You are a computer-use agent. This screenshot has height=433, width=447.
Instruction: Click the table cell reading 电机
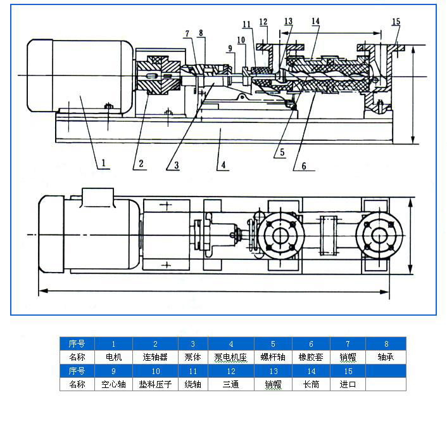pos(113,357)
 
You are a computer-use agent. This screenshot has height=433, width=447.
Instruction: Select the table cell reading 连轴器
pos(156,357)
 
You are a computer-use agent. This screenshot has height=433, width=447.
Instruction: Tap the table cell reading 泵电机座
pos(231,357)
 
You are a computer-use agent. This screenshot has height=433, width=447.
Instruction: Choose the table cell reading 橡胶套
pos(310,357)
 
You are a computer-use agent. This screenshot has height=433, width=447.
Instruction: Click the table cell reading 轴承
pos(386,357)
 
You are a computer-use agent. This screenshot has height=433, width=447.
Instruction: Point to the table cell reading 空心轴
pos(113,384)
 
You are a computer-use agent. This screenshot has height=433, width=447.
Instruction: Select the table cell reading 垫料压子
pos(156,384)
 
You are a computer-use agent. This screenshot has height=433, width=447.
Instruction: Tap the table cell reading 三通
pos(231,384)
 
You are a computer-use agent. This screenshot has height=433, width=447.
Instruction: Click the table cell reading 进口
pos(348,384)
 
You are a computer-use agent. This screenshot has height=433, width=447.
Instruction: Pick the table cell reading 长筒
pos(310,384)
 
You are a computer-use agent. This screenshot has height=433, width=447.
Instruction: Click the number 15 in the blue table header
pos(348,371)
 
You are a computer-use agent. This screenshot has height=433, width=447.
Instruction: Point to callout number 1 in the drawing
pos(103,163)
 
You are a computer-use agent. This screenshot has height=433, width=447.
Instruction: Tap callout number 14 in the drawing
pos(315,22)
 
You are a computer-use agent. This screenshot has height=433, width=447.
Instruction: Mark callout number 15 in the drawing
pos(396,22)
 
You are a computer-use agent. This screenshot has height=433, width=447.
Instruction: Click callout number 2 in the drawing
pos(141,164)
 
